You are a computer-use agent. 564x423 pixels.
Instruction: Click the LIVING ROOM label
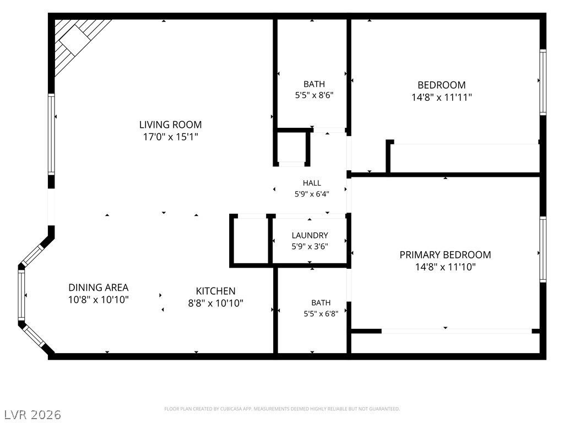[x=171, y=125]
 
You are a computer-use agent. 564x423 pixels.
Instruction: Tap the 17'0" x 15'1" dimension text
[x=171, y=137]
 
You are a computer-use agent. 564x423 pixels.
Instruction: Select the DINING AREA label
[x=98, y=288]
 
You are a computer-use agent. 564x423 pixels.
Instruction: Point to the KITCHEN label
[x=215, y=291]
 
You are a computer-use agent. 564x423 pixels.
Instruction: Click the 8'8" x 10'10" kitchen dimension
[x=215, y=303]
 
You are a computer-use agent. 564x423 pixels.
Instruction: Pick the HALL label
[x=312, y=183]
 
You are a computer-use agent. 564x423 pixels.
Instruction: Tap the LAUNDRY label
[x=310, y=236]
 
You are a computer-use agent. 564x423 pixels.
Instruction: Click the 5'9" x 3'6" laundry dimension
[x=310, y=247]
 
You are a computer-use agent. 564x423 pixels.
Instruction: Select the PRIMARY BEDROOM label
[x=445, y=255]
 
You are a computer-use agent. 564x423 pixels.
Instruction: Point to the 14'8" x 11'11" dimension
[x=442, y=97]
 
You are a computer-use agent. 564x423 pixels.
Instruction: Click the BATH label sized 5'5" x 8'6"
[x=314, y=84]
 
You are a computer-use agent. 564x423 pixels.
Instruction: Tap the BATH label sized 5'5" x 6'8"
[x=321, y=303]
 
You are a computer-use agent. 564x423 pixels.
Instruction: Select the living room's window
[x=51, y=134]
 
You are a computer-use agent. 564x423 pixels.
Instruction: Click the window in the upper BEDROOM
[x=543, y=83]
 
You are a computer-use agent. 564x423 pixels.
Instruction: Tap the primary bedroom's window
[x=543, y=250]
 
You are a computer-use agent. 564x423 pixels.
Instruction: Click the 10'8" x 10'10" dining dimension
[x=98, y=300]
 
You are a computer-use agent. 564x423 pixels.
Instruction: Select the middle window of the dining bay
[x=21, y=295]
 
